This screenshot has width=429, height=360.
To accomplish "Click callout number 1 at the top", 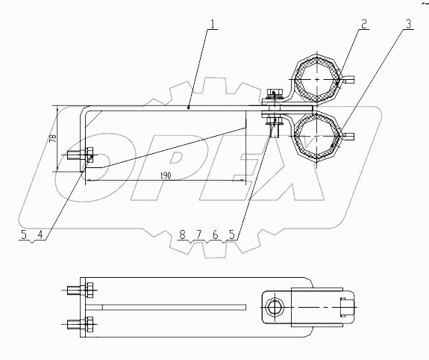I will [214, 24].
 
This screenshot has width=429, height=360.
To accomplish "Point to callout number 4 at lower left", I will [40, 235].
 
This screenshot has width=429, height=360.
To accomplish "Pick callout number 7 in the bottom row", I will [199, 235].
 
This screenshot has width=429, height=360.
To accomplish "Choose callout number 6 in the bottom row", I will [216, 235].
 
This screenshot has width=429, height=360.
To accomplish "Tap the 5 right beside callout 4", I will [24, 235].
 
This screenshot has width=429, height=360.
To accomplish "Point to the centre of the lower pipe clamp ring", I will [318, 135].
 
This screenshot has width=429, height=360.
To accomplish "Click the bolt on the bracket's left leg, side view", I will [80, 157].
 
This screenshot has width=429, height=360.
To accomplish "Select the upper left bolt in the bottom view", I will [80, 289].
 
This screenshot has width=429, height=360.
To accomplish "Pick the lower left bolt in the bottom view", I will [80, 324].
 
